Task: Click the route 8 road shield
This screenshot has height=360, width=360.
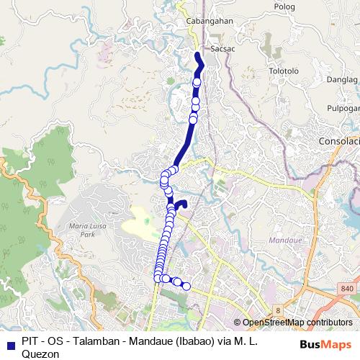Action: pyautogui.click(x=276, y=310)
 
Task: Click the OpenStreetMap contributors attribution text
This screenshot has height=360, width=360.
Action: pyautogui.click(x=297, y=323)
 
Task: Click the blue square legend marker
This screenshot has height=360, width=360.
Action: pyautogui.click(x=8, y=343)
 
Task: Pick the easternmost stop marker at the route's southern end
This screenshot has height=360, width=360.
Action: pyautogui.click(x=186, y=287)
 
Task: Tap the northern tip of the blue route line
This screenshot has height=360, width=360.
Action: pyautogui.click(x=197, y=54)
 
